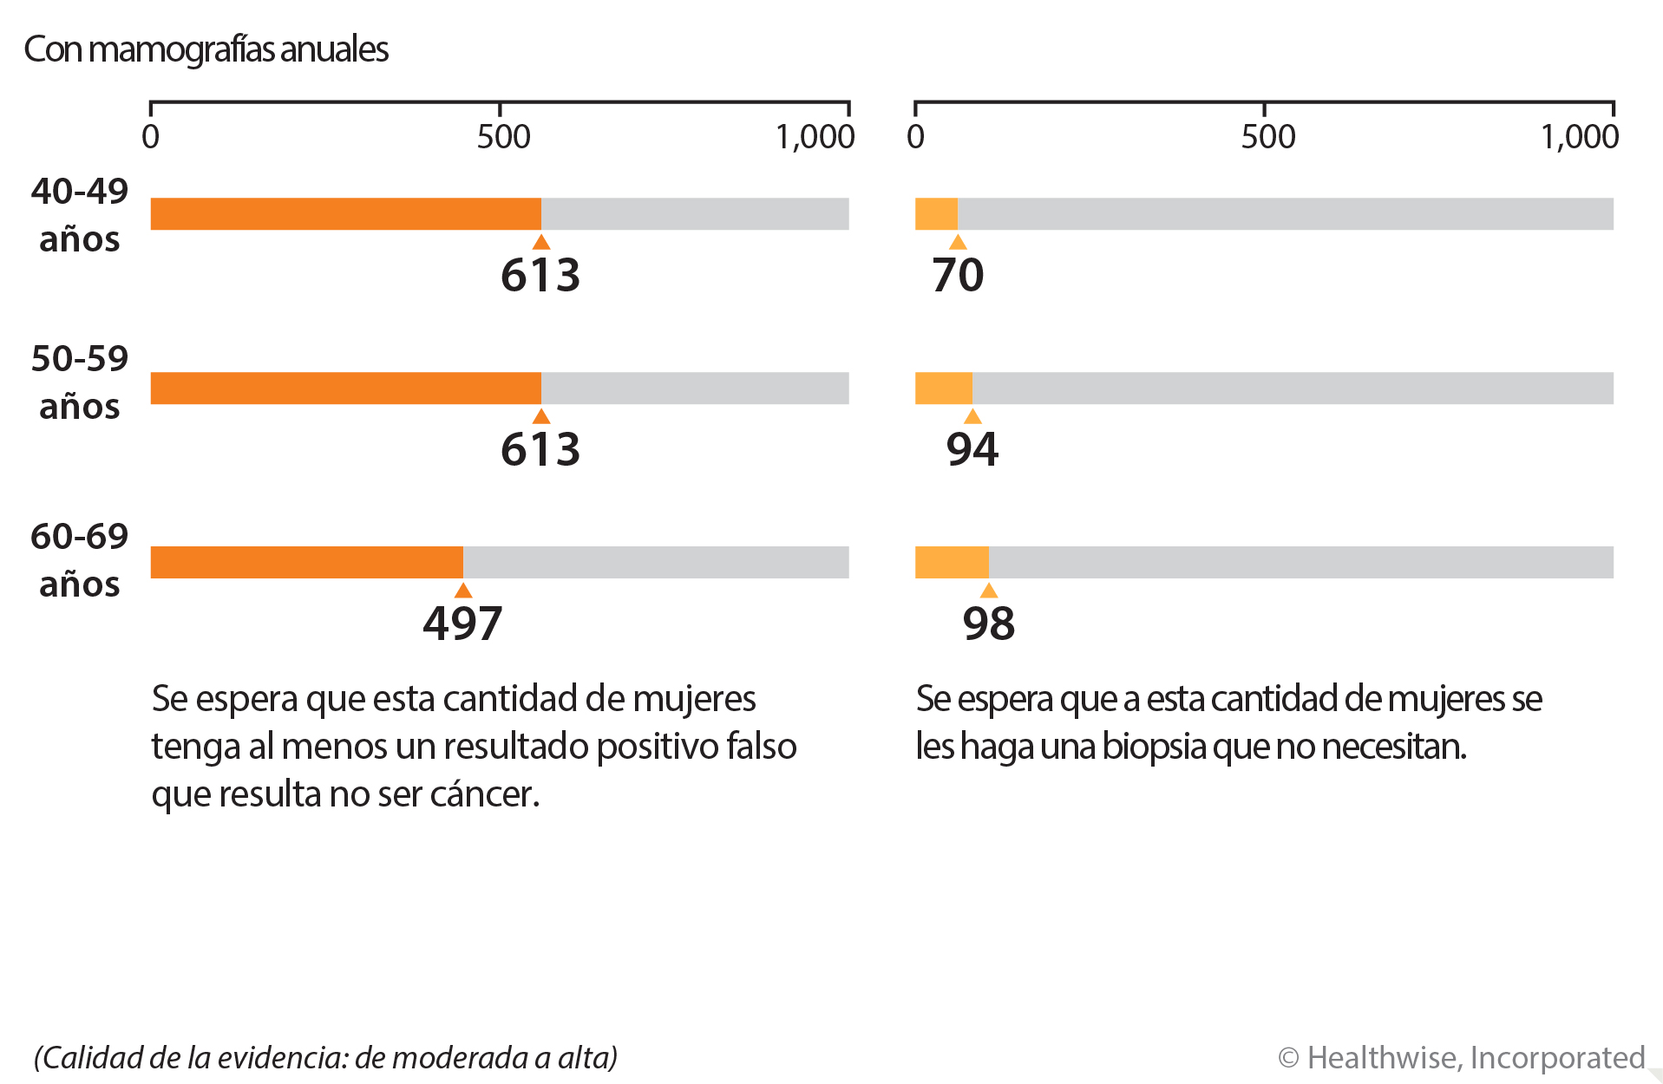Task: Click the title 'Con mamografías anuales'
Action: (x=206, y=49)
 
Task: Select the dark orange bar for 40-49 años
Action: (x=345, y=214)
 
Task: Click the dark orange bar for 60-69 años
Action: (x=306, y=562)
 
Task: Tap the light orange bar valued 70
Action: (x=936, y=214)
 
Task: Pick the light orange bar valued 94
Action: (x=943, y=389)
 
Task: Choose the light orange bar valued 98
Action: (x=951, y=562)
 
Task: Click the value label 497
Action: (x=462, y=624)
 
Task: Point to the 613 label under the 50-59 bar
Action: (x=540, y=449)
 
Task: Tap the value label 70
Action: (x=958, y=275)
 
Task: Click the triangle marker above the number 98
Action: (x=988, y=591)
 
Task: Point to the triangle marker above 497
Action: (x=463, y=591)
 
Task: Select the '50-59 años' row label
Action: (x=79, y=382)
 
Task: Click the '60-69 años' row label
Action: (x=79, y=560)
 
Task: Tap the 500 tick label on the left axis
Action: (x=503, y=137)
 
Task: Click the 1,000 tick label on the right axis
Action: (x=1579, y=137)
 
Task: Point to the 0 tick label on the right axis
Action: (x=915, y=137)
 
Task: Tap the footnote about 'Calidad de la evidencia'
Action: (x=325, y=1058)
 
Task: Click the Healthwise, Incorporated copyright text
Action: (x=1461, y=1058)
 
